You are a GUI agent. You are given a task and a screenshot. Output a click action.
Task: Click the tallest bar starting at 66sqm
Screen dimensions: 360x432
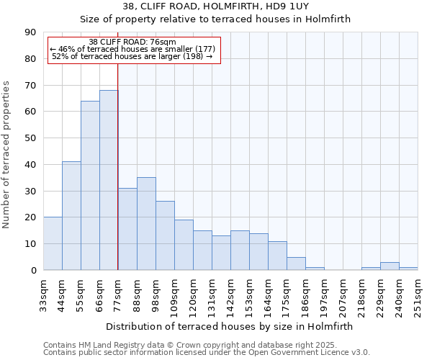tap(109, 180)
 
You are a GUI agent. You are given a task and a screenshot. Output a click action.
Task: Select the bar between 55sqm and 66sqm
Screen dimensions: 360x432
tap(90, 186)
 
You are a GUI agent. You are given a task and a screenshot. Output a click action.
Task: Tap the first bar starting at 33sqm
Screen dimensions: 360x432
tap(53, 243)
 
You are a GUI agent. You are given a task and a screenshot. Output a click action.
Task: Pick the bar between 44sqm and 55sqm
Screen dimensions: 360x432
tap(71, 216)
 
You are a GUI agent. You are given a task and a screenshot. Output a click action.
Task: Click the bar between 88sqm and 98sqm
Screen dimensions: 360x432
tap(146, 224)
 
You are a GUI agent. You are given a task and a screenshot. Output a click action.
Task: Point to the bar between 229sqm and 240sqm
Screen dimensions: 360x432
tap(390, 266)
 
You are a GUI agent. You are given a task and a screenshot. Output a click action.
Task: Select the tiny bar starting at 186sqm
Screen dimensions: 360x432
tap(315, 269)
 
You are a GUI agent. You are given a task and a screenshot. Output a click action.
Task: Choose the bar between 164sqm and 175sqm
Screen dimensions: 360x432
tap(277, 256)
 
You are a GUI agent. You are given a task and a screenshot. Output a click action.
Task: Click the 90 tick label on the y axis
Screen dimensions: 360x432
tap(30, 32)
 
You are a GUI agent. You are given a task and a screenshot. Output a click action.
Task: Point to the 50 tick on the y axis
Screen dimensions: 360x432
tap(30, 138)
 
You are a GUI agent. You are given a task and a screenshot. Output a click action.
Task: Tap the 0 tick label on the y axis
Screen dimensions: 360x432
tap(33, 271)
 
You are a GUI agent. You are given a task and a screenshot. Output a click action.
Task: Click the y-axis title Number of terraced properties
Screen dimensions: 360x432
tap(7, 154)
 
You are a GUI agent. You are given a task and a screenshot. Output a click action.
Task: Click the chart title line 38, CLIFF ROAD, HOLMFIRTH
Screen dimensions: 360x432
tap(215, 6)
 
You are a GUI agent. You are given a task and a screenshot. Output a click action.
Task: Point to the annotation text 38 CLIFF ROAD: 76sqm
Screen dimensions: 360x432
tap(132, 42)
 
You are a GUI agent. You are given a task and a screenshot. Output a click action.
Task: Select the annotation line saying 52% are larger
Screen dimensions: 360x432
tap(132, 56)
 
